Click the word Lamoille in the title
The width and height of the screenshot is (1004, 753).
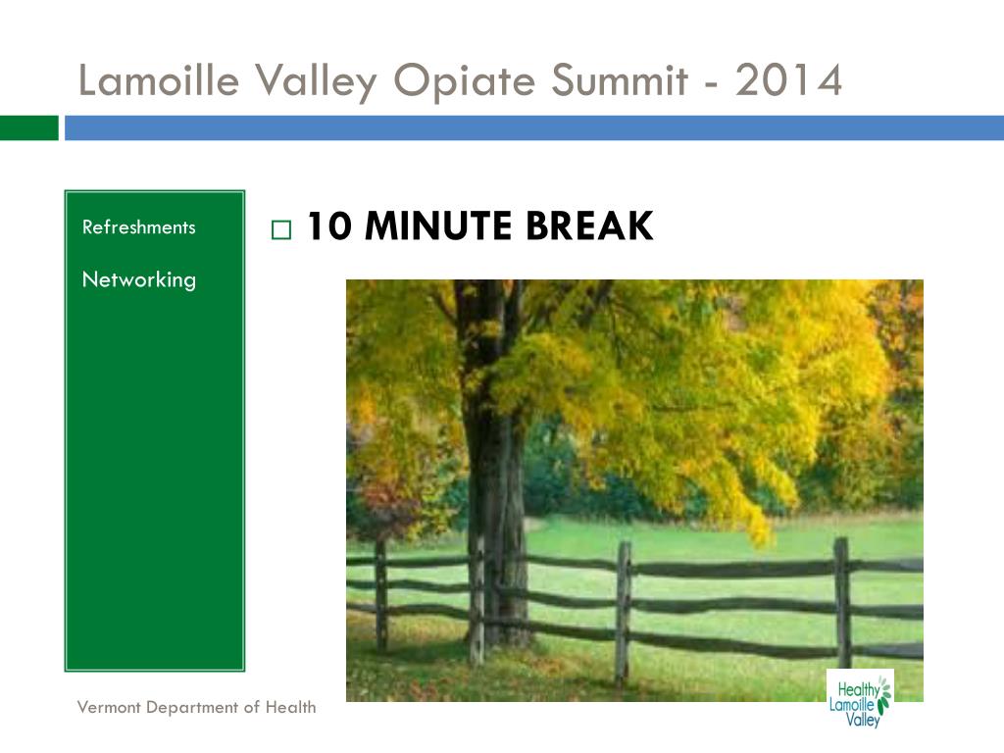click(159, 80)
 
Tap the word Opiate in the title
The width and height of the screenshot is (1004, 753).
click(464, 82)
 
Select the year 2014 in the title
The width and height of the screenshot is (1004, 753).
click(788, 80)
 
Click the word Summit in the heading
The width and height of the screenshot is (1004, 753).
click(620, 80)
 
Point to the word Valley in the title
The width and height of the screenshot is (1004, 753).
click(317, 82)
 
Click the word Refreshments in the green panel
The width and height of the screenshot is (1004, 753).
click(139, 226)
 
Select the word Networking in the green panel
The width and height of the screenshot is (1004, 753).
click(139, 279)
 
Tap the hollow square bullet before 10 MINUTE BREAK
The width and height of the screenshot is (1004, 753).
click(281, 229)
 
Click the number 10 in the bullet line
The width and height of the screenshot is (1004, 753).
click(329, 226)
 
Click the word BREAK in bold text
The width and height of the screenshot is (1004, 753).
click(589, 226)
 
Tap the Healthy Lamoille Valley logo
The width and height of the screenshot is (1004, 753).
click(859, 698)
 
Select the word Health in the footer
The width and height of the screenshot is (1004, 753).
click(290, 707)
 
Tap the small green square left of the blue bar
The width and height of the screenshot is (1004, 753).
click(28, 127)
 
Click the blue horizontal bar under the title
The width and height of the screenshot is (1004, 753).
click(534, 127)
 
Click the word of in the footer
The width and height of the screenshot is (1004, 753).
click(252, 707)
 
